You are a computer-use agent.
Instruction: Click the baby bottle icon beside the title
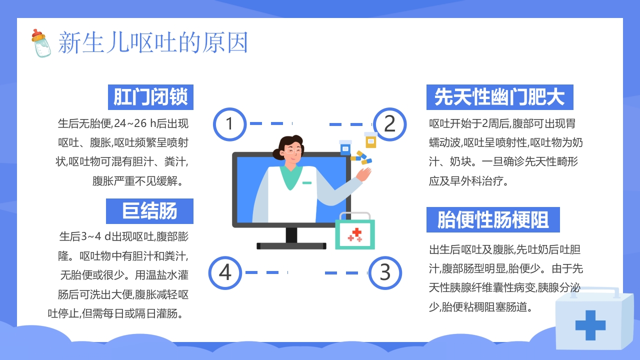coord(41,43)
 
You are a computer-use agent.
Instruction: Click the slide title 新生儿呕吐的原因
coord(153,43)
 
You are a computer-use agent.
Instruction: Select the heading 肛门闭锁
coord(150,97)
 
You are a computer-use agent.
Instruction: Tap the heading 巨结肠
coord(149,211)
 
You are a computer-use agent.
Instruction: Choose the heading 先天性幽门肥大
coord(499,97)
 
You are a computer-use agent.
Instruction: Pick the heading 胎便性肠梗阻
coord(492,220)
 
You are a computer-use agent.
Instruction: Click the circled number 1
coord(229,123)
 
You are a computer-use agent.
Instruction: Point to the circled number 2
coord(389,123)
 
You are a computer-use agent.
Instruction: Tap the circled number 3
coord(385,272)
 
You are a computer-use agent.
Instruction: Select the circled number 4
coord(225,272)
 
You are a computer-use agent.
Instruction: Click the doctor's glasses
coord(294,150)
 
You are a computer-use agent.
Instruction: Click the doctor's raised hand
coord(364,173)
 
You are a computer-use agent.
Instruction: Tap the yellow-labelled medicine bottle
coord(370,140)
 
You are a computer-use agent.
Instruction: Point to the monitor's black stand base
coord(291,245)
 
